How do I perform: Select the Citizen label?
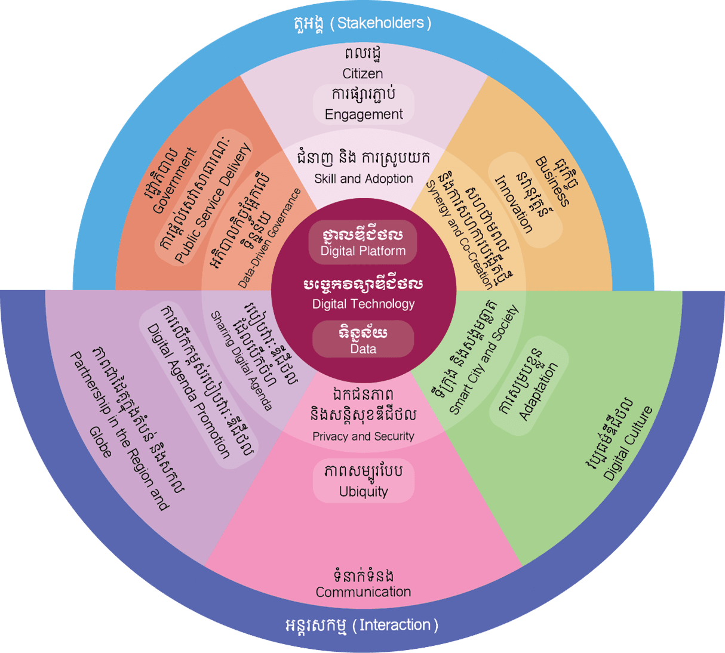pyautogui.click(x=362, y=73)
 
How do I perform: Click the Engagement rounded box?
pyautogui.click(x=364, y=104)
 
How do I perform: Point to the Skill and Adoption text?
pyautogui.click(x=363, y=178)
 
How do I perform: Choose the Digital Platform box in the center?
pyautogui.click(x=362, y=242)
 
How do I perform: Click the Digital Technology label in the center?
pyautogui.click(x=363, y=304)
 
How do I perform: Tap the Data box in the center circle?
pyautogui.click(x=363, y=340)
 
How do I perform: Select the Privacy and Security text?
pyautogui.click(x=363, y=436)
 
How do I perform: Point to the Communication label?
pyautogui.click(x=363, y=592)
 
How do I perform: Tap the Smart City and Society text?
pyautogui.click(x=484, y=361)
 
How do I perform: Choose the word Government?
pyautogui.click(x=174, y=181)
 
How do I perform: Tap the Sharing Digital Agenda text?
pyautogui.click(x=241, y=361)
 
